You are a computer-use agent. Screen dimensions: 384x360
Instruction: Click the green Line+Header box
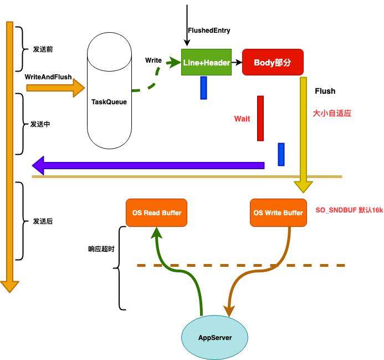pyautogui.click(x=206, y=62)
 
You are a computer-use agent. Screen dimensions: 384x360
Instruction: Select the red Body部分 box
pyautogui.click(x=273, y=62)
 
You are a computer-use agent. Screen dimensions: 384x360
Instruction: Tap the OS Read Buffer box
pyautogui.click(x=156, y=212)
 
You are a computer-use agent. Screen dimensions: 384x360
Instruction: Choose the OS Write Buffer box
pyautogui.click(x=278, y=212)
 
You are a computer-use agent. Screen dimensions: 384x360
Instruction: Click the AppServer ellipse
pyautogui.click(x=214, y=337)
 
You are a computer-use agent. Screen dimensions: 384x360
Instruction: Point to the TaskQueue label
pyautogui.click(x=109, y=102)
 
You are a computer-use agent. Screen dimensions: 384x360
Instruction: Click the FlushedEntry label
pyautogui.click(x=209, y=31)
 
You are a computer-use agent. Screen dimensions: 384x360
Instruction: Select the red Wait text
pyautogui.click(x=242, y=119)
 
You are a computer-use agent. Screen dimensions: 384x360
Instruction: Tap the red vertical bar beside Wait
pyautogui.click(x=260, y=119)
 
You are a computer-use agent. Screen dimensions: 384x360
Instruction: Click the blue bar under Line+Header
pyautogui.click(x=203, y=88)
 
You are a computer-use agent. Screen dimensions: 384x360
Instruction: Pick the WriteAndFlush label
pyautogui.click(x=48, y=77)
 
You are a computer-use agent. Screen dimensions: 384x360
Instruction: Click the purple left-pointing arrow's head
pyautogui.click(x=38, y=165)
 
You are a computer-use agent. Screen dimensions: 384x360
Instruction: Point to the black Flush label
pyautogui.click(x=325, y=91)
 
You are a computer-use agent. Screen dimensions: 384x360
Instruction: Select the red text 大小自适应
pyautogui.click(x=332, y=113)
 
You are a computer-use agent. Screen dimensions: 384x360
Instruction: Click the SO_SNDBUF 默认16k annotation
pyautogui.click(x=349, y=210)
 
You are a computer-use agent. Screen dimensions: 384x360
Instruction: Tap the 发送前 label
pyautogui.click(x=43, y=49)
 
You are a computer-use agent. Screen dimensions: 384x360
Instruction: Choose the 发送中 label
pyautogui.click(x=40, y=124)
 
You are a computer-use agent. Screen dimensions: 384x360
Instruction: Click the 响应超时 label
pyautogui.click(x=101, y=249)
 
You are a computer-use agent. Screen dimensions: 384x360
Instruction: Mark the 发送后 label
pyautogui.click(x=43, y=221)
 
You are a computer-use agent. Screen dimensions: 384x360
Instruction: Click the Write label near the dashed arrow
pyautogui.click(x=153, y=60)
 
